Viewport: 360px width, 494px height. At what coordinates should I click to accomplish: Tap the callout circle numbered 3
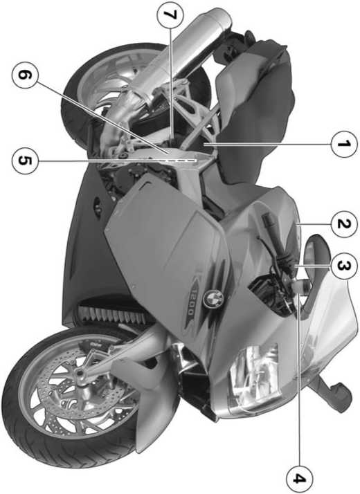[344, 266]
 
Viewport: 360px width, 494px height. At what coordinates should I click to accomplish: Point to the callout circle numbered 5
[25, 161]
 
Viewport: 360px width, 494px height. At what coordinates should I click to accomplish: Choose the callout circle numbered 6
[25, 75]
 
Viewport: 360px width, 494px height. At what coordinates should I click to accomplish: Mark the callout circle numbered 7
[170, 15]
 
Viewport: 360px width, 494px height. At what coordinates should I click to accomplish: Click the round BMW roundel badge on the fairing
[213, 298]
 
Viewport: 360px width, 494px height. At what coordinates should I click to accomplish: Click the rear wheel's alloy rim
[104, 79]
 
